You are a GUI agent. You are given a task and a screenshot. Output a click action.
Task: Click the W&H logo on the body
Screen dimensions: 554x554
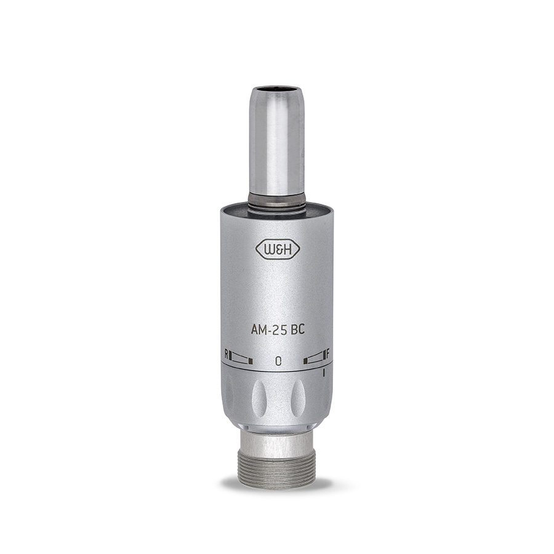[x=278, y=249]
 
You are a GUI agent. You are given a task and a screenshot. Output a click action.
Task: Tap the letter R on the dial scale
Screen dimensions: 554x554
[x=227, y=354]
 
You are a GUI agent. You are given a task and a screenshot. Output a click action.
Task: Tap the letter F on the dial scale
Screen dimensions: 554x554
[x=328, y=353]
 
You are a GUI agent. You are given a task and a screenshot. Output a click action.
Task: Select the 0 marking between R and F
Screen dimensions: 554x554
[x=278, y=361]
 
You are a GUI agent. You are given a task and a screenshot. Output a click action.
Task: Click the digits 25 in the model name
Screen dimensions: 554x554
[x=280, y=330]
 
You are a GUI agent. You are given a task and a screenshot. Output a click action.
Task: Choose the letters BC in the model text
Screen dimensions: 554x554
[x=298, y=330]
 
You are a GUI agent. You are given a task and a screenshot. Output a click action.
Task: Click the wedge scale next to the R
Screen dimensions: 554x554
[x=241, y=358]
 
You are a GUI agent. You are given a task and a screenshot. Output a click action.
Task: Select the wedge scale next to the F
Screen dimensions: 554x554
[x=314, y=357]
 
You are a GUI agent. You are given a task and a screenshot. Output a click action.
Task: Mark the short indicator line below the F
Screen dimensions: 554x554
[x=324, y=373]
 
